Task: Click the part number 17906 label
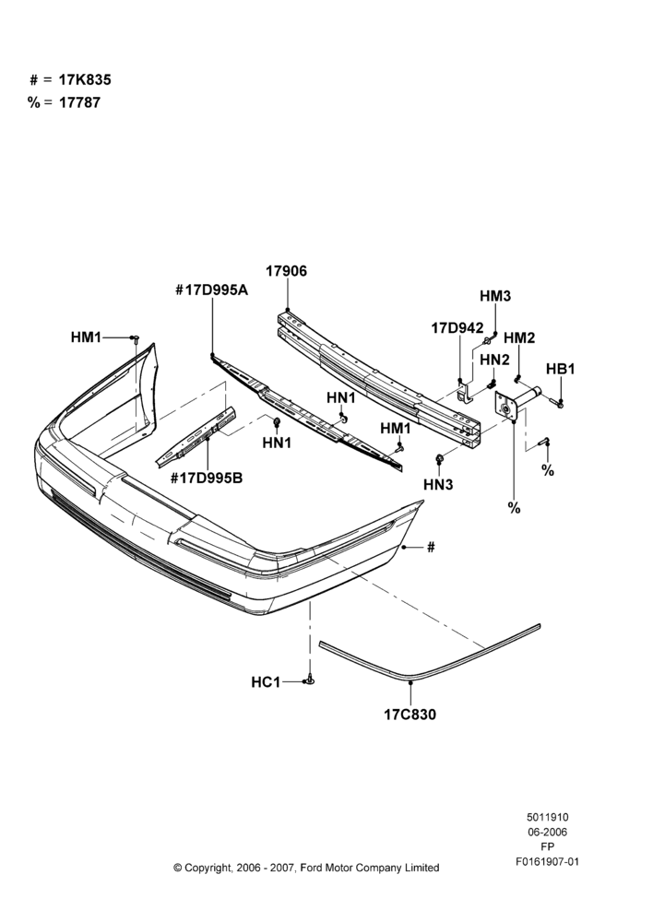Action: click(286, 271)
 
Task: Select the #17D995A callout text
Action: click(212, 290)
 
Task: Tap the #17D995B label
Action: click(207, 478)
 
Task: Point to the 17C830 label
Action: click(410, 715)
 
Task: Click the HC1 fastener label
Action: click(266, 682)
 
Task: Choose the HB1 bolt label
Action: click(561, 369)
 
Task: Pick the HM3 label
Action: click(495, 296)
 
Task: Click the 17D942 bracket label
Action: click(457, 327)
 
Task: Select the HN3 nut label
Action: click(438, 485)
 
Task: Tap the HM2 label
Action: click(519, 337)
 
